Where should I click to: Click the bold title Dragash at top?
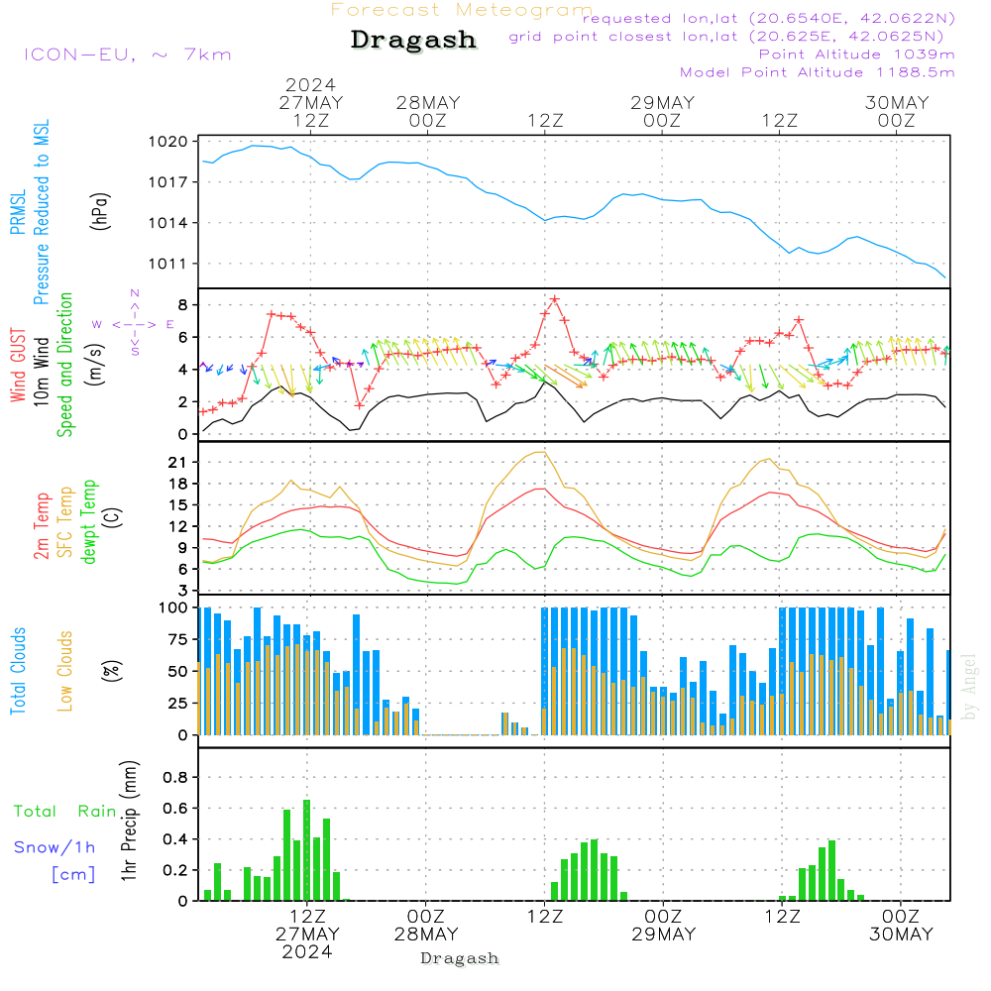(413, 40)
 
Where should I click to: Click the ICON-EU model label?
(127, 55)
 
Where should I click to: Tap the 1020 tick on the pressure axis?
(168, 142)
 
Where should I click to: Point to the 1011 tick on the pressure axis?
(168, 264)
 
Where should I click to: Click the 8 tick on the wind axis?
(181, 304)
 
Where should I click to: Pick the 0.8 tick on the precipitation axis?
(175, 778)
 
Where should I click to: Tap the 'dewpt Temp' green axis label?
(89, 522)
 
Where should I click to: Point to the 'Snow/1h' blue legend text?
(55, 847)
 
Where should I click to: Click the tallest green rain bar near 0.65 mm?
(307, 849)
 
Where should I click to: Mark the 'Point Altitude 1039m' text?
(856, 55)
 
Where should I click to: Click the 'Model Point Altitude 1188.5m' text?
(818, 72)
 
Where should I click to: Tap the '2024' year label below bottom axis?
(306, 952)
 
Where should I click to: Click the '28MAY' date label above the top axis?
(427, 102)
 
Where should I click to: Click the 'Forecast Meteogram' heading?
(462, 10)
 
